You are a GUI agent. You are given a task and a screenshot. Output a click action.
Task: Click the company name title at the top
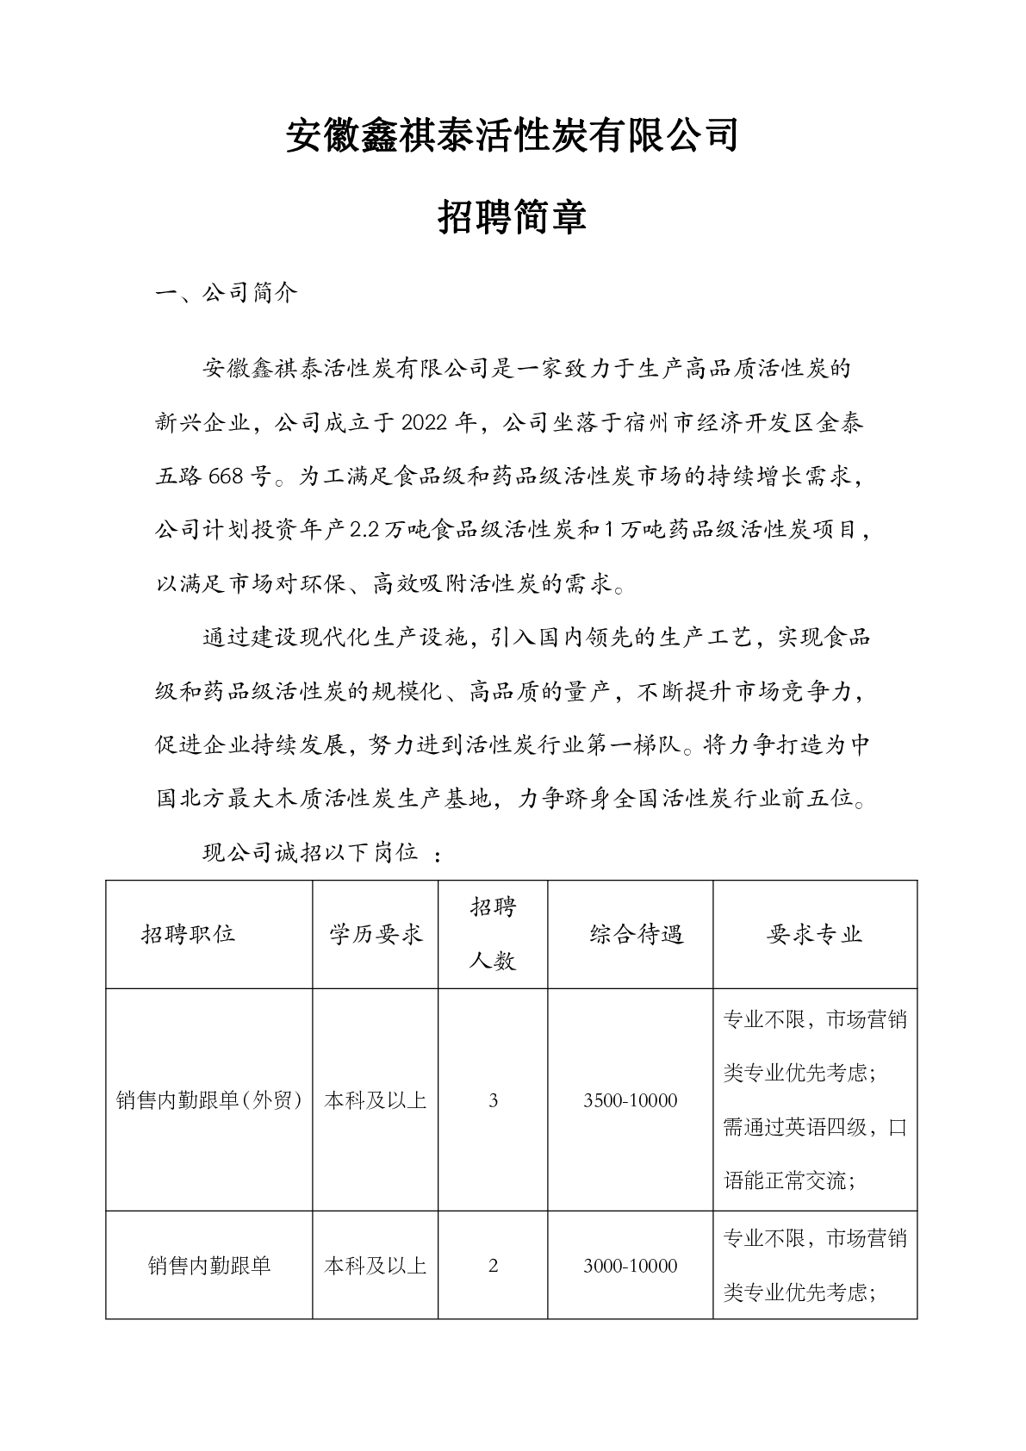pos(513,135)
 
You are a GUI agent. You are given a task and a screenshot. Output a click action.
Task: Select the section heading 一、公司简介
pos(226,293)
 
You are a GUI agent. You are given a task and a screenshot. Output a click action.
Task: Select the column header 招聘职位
pos(189,934)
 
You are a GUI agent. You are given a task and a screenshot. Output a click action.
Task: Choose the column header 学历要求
pos(376,934)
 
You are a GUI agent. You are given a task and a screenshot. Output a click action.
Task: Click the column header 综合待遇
pos(637,934)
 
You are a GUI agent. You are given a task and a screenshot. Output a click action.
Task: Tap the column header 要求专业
pos(814,934)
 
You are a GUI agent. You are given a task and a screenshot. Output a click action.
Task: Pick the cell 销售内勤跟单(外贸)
pos(208,1100)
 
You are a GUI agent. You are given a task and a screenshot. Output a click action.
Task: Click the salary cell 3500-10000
pos(630,1100)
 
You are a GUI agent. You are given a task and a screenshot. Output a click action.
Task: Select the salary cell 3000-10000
pos(630,1266)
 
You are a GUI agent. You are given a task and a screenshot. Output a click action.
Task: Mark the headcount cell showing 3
pos(493,1100)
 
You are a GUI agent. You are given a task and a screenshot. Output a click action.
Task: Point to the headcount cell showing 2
pos(493,1266)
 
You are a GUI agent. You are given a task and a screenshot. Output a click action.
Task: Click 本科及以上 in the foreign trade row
pos(376,1100)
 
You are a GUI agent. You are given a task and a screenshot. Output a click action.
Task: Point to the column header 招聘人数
pos(493,934)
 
